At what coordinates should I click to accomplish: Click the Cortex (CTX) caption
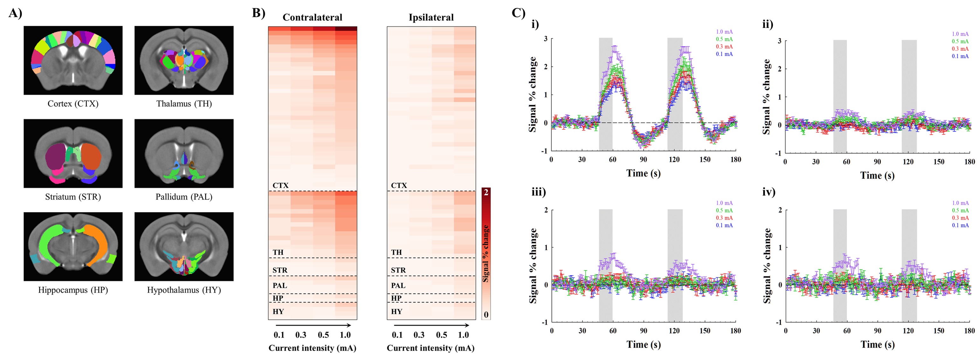pos(73,104)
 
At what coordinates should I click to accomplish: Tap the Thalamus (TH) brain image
pos(184,60)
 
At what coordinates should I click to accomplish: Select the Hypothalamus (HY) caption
pos(184,290)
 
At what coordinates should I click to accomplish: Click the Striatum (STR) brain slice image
pos(73,153)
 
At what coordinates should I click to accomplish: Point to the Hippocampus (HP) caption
pos(73,290)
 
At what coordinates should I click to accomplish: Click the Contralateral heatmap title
pos(312,17)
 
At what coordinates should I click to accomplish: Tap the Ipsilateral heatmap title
pos(431,17)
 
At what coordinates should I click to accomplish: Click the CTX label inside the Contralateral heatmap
pos(280,185)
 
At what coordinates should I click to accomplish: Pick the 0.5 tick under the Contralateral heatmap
pos(323,335)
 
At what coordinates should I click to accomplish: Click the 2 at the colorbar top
pos(486,192)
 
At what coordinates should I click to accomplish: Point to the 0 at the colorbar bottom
pos(486,315)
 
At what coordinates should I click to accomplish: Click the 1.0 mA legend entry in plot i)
pos(724,32)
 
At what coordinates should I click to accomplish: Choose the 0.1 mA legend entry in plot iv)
pos(960,225)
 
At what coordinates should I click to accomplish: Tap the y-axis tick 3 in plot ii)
pos(779,41)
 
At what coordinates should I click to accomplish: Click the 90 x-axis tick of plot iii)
pos(644,331)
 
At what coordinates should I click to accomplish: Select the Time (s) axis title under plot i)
pos(643,174)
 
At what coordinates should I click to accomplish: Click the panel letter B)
pos(258,13)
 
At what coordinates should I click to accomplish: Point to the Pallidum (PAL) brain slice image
pos(184,153)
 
